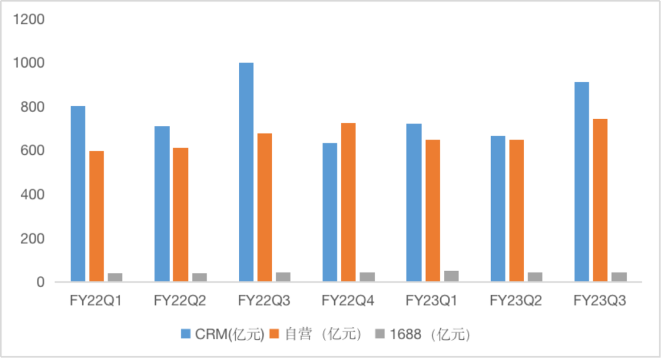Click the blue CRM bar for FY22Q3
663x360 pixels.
(x=246, y=173)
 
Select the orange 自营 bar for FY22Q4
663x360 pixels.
(x=349, y=203)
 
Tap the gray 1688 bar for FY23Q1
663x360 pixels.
(x=451, y=276)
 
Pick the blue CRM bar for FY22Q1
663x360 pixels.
(x=78, y=194)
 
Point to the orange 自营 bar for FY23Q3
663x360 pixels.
(x=600, y=200)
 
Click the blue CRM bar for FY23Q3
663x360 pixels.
(x=581, y=182)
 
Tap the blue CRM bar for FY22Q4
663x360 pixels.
(x=330, y=213)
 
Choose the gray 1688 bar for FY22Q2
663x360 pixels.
(x=200, y=278)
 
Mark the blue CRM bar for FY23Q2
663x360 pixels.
(x=498, y=209)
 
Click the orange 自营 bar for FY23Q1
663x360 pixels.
(x=433, y=211)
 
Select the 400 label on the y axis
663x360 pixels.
(x=32, y=195)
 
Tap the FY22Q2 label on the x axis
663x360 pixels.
(x=180, y=300)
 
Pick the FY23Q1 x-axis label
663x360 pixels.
(x=432, y=300)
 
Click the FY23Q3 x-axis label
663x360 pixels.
(x=600, y=300)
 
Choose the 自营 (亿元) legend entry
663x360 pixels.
(x=320, y=335)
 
